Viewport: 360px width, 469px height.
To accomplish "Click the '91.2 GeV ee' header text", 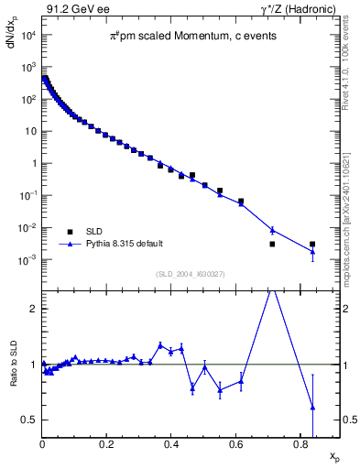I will pyautogui.click(x=72, y=8).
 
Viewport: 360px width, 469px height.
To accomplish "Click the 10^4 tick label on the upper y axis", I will pyautogui.click(x=27, y=35).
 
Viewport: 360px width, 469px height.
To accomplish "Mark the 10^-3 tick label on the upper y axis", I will pyautogui.click(x=27, y=260).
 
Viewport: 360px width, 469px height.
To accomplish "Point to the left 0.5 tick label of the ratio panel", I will pyautogui.click(x=28, y=420).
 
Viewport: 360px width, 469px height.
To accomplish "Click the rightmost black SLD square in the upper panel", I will pyautogui.click(x=312, y=245).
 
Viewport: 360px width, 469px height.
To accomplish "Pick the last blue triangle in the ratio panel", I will pyautogui.click(x=312, y=407).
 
